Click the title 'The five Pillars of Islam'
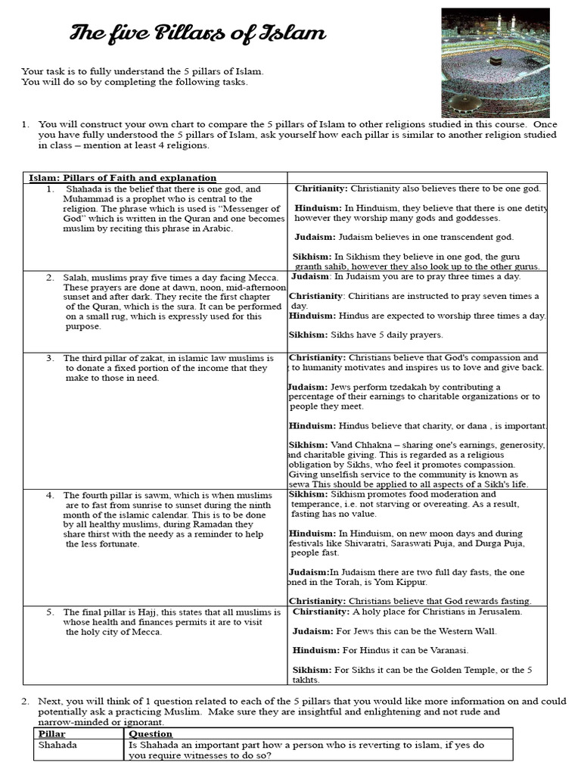198,33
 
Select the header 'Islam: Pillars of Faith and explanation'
123,178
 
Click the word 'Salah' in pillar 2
76,278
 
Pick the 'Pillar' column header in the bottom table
51,734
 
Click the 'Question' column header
151,734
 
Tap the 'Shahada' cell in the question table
58,745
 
